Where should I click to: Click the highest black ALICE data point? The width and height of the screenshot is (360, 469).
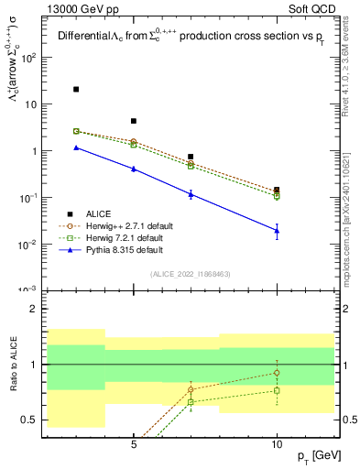76,90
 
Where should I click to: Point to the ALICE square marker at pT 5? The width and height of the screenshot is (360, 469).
134,121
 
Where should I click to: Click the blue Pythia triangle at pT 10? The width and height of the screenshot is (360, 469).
277,231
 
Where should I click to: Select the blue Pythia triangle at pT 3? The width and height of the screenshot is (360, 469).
76,147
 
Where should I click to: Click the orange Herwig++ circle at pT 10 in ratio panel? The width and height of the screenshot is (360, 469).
277,372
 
